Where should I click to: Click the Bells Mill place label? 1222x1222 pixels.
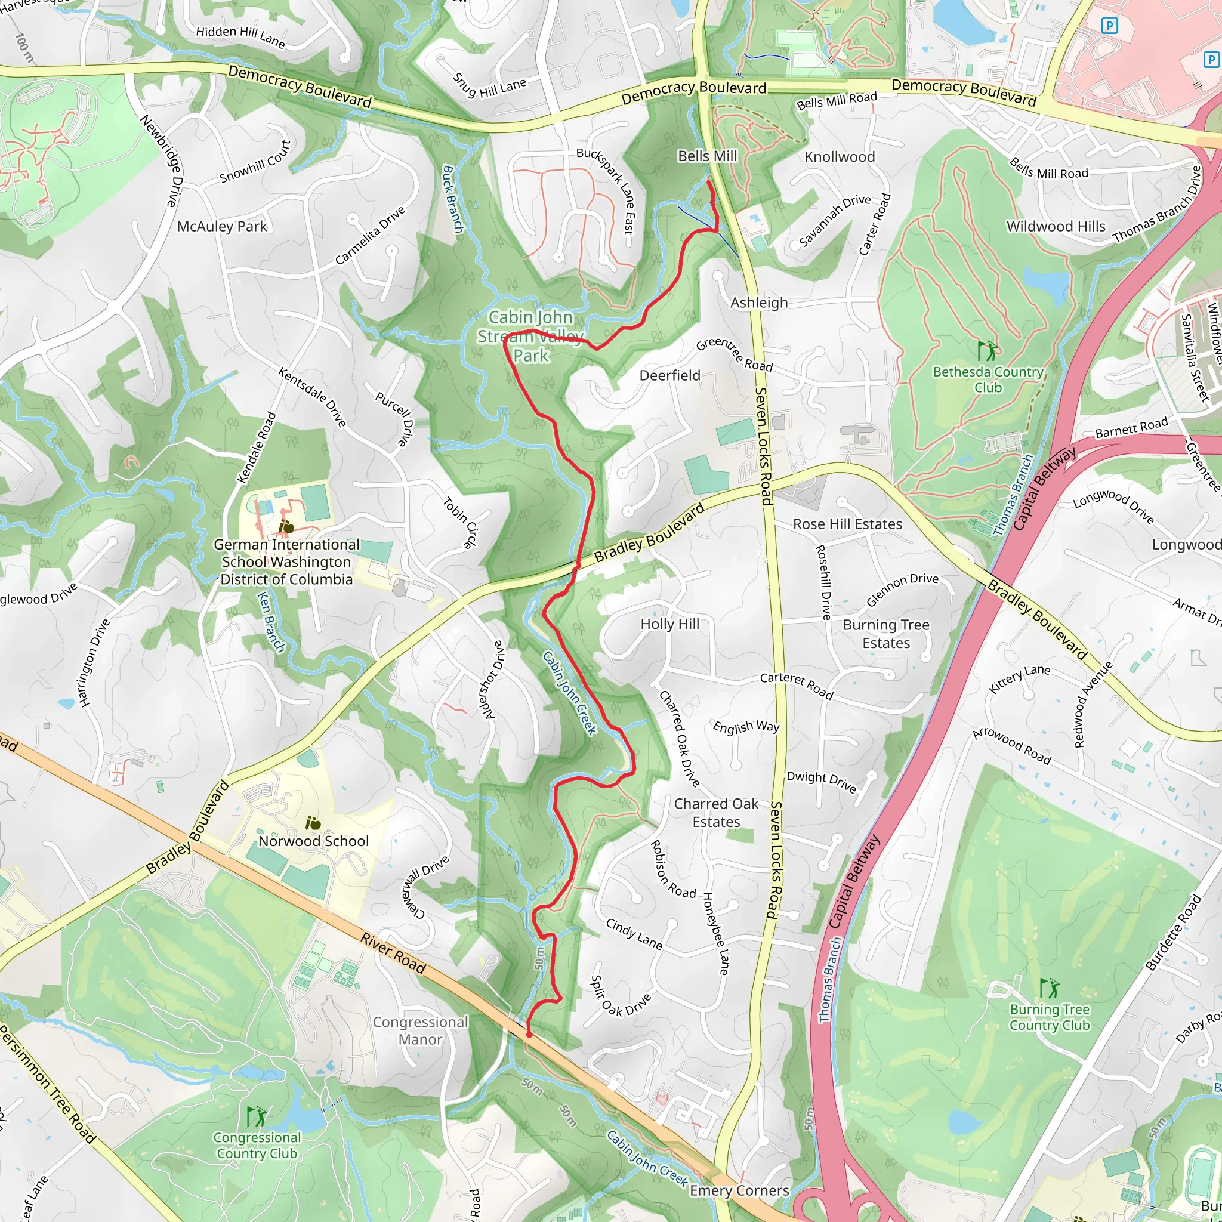click(707, 156)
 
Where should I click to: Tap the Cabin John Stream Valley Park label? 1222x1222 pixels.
click(530, 336)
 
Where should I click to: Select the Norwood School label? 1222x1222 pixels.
click(313, 841)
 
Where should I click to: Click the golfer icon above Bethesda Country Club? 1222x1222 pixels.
click(987, 350)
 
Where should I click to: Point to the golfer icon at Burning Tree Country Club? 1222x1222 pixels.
click(1050, 988)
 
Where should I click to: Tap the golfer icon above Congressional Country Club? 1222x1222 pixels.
click(256, 1116)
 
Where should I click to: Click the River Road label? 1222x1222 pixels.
click(393, 952)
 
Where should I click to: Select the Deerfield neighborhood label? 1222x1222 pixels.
click(670, 375)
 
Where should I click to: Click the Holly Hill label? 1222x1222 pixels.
click(670, 624)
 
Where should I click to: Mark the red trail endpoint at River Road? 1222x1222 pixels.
click(529, 1035)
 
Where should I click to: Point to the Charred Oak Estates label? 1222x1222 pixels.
click(716, 812)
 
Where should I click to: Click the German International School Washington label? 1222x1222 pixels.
click(286, 561)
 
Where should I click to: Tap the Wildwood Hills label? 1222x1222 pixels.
click(1056, 226)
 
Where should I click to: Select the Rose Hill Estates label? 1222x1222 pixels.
click(847, 524)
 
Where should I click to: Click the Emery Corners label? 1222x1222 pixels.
click(739, 1190)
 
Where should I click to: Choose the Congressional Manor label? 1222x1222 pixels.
click(420, 1030)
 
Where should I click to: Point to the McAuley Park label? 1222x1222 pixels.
click(222, 226)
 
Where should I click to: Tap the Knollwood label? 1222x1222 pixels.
click(840, 156)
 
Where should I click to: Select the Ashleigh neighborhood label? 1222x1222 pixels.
click(758, 303)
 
